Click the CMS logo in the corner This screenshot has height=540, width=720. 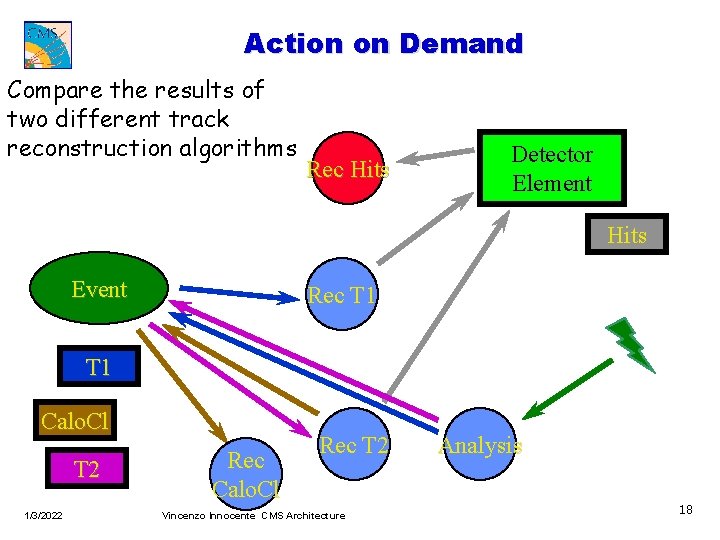tap(48, 43)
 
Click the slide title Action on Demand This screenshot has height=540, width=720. tap(383, 44)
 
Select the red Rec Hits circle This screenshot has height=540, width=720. tap(345, 169)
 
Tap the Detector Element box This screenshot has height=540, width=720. tap(551, 168)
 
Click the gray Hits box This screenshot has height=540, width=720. tap(627, 236)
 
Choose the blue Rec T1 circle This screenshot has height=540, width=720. tap(342, 295)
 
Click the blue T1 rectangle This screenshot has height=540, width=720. tap(98, 367)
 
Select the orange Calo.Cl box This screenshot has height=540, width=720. tap(74, 421)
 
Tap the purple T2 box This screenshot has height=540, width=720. tap(87, 469)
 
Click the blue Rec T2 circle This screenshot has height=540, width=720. tap(354, 445)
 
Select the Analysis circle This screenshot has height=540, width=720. tap(481, 446)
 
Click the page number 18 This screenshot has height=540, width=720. tap(685, 510)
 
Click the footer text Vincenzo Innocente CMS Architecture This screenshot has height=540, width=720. tap(253, 515)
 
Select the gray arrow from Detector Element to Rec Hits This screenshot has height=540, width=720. tap(445, 155)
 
